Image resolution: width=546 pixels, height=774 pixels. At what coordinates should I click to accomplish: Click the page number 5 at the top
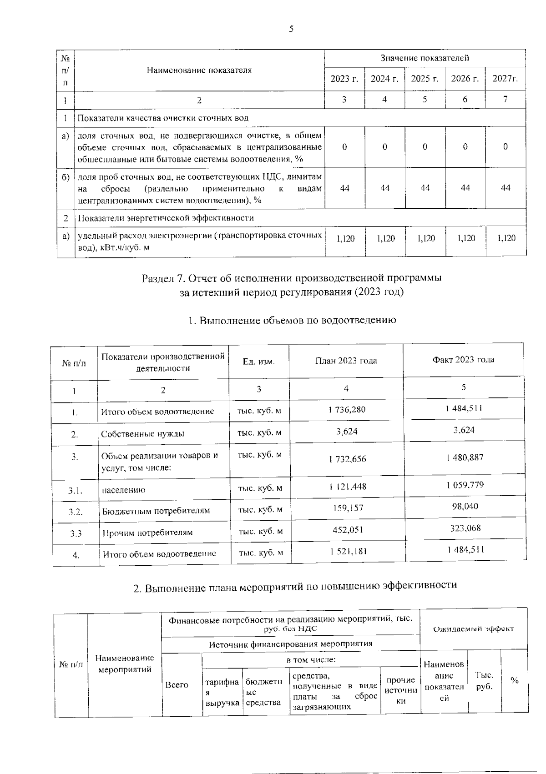pyautogui.click(x=291, y=30)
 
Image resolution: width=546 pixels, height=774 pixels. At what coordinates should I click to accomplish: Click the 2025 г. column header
pyautogui.click(x=425, y=79)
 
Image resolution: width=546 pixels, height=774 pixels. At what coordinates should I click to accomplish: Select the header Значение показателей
pyautogui.click(x=425, y=58)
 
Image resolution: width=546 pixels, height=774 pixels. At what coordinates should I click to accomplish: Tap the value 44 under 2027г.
pyautogui.click(x=506, y=188)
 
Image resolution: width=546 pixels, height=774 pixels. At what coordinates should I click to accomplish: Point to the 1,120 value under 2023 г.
pyautogui.click(x=345, y=238)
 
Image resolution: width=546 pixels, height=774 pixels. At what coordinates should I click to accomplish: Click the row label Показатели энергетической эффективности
pyautogui.click(x=166, y=218)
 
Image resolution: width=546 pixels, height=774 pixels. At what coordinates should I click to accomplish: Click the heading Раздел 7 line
pyautogui.click(x=292, y=278)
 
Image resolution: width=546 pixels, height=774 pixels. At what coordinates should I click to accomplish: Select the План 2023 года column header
pyautogui.click(x=346, y=361)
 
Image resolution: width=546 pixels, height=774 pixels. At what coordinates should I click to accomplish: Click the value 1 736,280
pyautogui.click(x=347, y=410)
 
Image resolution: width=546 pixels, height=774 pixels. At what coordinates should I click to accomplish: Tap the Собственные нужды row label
pyautogui.click(x=142, y=434)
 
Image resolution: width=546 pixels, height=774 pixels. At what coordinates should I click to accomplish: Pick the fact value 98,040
pyautogui.click(x=465, y=506)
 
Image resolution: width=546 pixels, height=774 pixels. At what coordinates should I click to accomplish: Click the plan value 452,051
pyautogui.click(x=348, y=530)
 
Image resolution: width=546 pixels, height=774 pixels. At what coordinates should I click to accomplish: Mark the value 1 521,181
pyautogui.click(x=348, y=551)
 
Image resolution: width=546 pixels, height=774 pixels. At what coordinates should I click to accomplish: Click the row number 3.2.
pyautogui.click(x=76, y=512)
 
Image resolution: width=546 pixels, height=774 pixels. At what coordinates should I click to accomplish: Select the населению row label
pyautogui.click(x=124, y=490)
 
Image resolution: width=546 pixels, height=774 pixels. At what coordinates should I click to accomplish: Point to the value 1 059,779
pyautogui.click(x=465, y=485)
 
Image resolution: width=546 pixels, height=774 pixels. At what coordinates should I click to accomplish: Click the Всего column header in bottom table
pyautogui.click(x=177, y=685)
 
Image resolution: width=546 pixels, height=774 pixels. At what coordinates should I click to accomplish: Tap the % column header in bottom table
pyautogui.click(x=515, y=681)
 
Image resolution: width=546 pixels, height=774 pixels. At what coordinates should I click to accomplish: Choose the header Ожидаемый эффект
pyautogui.click(x=473, y=629)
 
